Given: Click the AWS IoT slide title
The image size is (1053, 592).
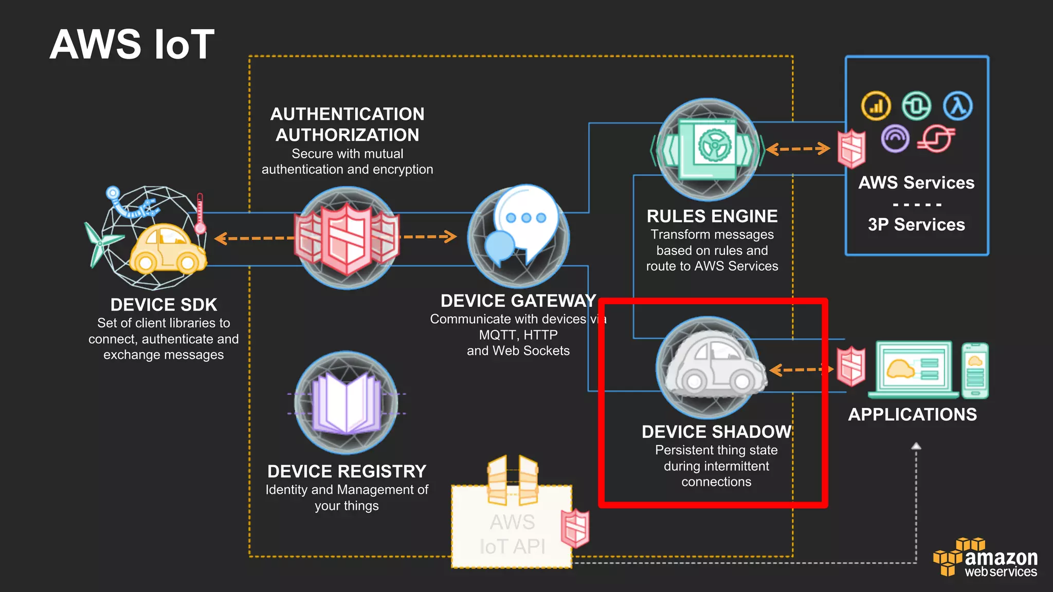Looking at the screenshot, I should pos(132,45).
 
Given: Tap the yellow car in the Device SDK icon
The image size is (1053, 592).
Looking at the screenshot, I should pos(167,249).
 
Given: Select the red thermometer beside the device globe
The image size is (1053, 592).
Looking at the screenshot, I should pos(200,214).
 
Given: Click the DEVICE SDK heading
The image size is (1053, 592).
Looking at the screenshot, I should pos(164,305).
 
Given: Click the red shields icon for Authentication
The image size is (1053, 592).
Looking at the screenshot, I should pos(347,238).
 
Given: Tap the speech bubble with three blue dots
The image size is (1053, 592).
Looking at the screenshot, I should pos(526,218).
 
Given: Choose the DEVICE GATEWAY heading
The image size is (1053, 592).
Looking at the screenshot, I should pos(518,301).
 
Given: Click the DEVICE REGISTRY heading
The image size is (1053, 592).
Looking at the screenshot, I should pos(347,471).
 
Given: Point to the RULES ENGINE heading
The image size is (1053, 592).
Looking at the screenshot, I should pos(712,216).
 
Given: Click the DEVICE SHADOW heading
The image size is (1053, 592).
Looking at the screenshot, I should pos(716,432).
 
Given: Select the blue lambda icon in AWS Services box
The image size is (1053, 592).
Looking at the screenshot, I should pos(958,106).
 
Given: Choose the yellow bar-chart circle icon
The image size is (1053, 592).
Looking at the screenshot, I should pos(876,106).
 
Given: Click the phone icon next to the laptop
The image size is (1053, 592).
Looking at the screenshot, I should pos(975,371).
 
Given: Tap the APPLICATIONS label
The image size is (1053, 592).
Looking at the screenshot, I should pos(912,415).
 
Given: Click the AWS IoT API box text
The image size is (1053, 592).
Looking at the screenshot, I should pos(512,534).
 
